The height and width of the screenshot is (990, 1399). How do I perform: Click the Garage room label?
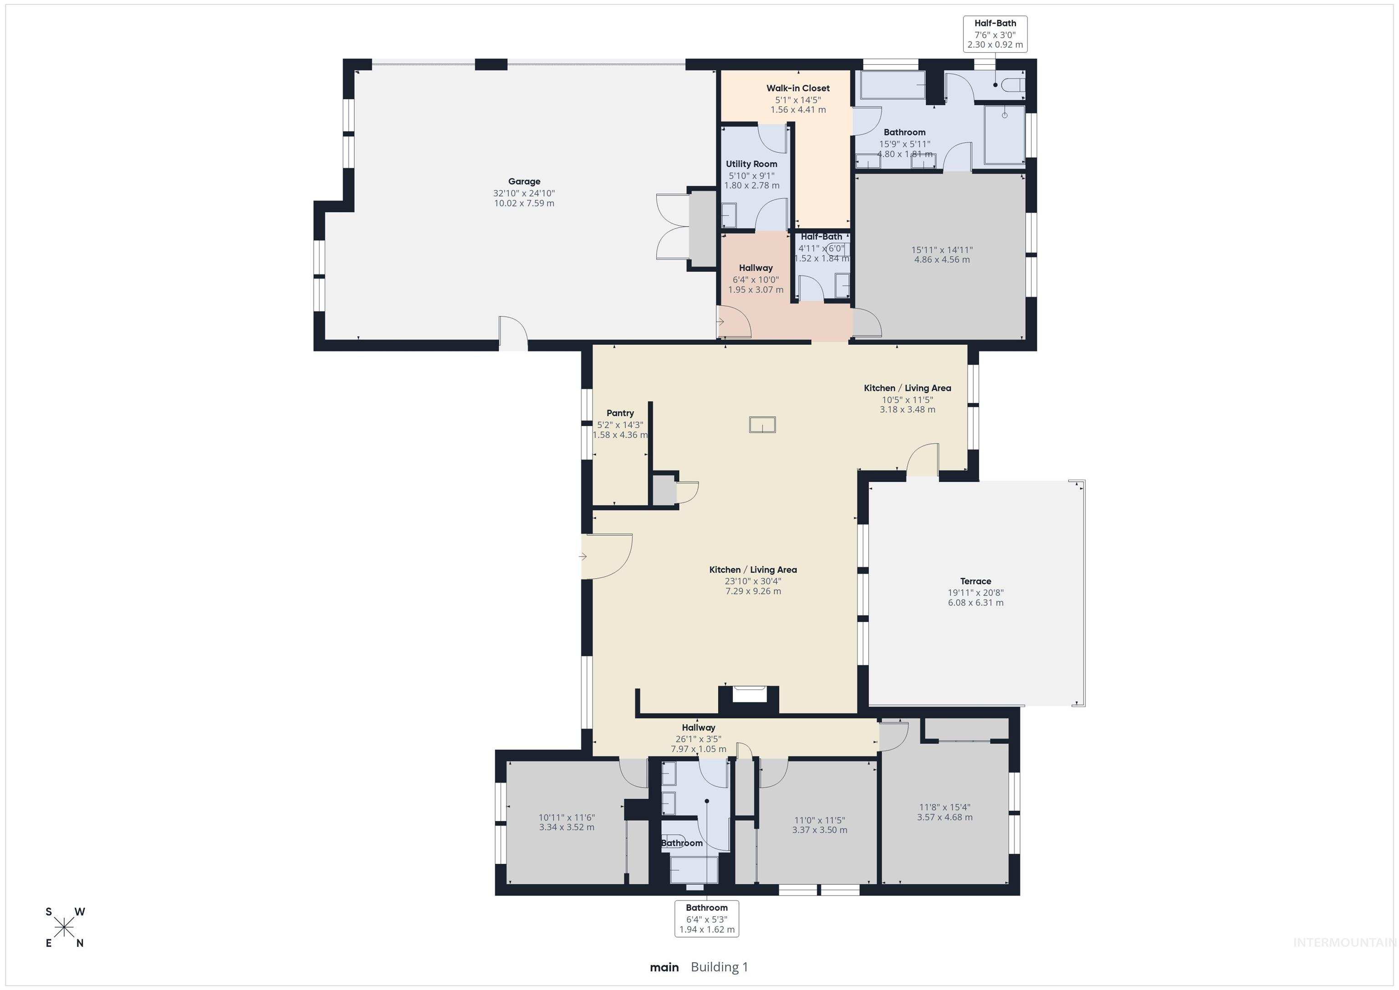click(524, 181)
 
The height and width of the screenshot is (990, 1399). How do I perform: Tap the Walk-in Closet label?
click(797, 88)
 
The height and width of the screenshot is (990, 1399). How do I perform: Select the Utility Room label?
click(751, 164)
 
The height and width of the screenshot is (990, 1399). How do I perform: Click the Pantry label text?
click(620, 413)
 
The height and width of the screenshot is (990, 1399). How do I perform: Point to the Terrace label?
click(975, 581)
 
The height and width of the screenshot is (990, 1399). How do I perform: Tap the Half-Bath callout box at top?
click(995, 34)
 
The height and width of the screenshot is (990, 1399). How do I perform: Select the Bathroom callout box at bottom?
click(706, 918)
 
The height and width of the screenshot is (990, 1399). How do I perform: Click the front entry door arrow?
click(582, 557)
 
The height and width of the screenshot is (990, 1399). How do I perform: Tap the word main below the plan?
click(664, 967)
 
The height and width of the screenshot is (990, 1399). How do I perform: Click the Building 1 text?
click(719, 967)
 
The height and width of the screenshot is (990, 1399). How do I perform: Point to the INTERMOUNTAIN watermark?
click(1343, 943)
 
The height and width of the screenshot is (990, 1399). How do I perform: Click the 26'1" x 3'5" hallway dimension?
click(698, 739)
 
